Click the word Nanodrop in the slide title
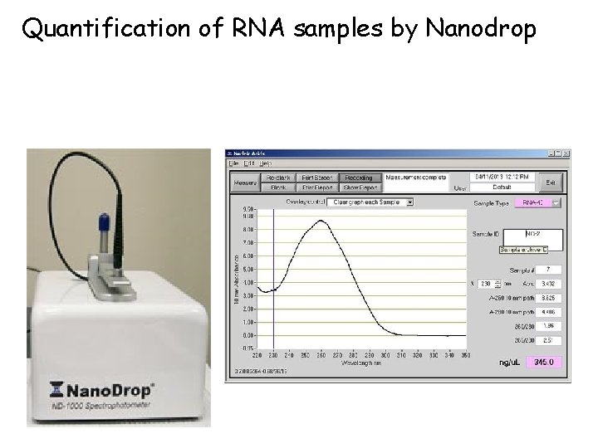click(481, 29)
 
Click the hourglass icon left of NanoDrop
click(54, 388)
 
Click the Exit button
click(550, 182)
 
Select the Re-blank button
click(277, 178)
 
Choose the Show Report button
click(359, 187)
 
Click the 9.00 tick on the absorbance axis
click(248, 217)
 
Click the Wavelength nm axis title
click(363, 363)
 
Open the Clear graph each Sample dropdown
click(370, 202)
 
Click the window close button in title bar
click(566, 153)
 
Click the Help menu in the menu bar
click(267, 163)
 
